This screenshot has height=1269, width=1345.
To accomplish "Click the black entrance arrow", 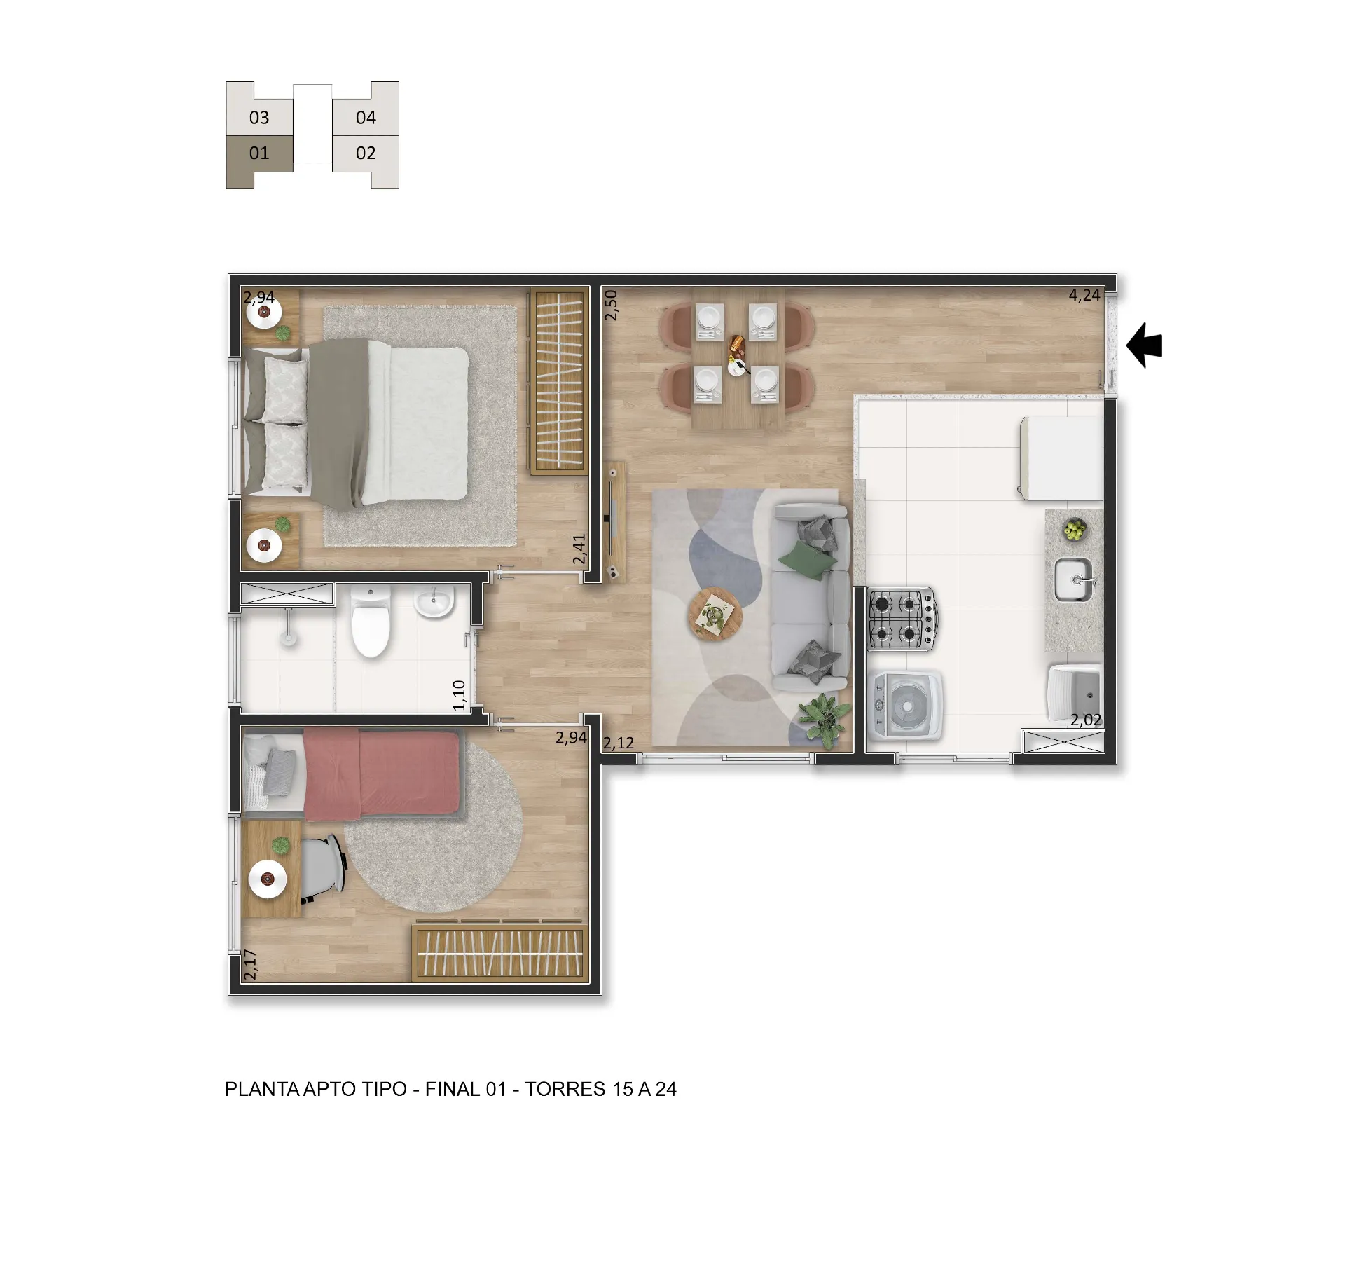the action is (x=1144, y=345).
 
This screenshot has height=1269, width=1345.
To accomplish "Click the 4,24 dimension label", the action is (x=1084, y=295).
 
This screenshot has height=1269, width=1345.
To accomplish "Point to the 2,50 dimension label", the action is (x=611, y=306).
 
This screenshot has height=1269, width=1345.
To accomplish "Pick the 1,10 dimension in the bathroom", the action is (x=460, y=695).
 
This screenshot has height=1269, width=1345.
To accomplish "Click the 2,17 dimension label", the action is (x=250, y=964).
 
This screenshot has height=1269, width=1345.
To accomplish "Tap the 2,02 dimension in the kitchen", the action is (x=1086, y=720).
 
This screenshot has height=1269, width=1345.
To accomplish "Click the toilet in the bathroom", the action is (x=370, y=621).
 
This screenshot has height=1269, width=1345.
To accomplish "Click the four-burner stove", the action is (x=902, y=619).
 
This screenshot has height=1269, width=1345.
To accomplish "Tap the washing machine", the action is (x=904, y=706).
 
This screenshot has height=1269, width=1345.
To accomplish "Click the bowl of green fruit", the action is (x=1075, y=530).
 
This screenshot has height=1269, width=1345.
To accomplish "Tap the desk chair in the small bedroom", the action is (x=322, y=869).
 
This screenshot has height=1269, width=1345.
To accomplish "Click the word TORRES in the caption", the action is (x=565, y=1089).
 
